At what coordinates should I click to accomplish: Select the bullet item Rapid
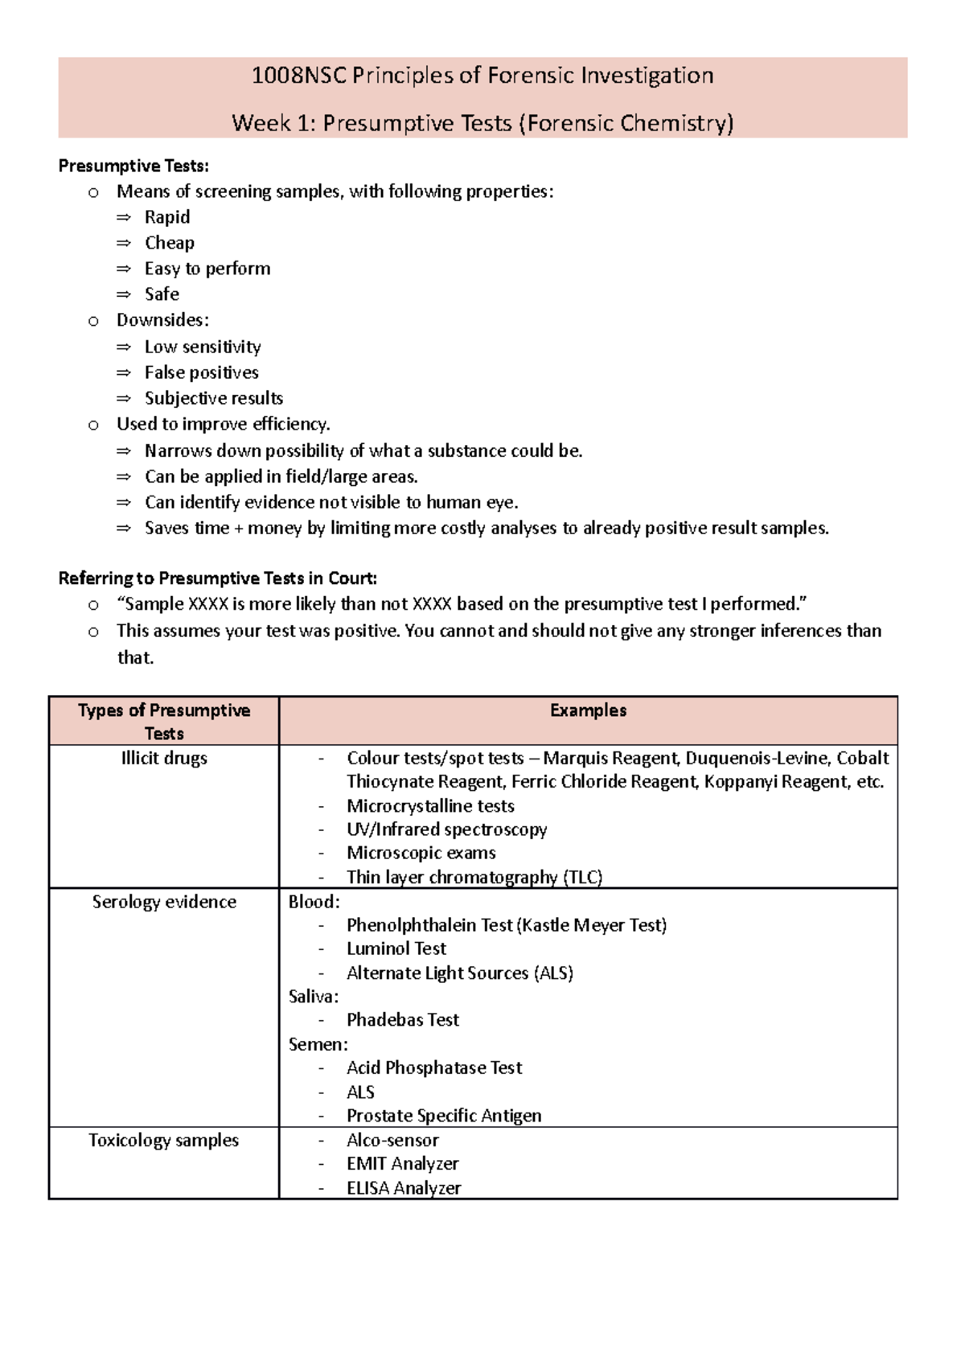pyautogui.click(x=167, y=217)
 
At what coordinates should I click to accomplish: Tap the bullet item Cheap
pyautogui.click(x=169, y=243)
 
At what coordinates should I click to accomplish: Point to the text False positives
pyautogui.click(x=201, y=372)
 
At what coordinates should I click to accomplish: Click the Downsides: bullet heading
pyautogui.click(x=162, y=320)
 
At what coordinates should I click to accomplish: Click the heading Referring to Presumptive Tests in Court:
pyautogui.click(x=217, y=578)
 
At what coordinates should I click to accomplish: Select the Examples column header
pyautogui.click(x=588, y=710)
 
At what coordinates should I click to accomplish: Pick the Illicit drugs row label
pyautogui.click(x=164, y=758)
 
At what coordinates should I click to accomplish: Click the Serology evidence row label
pyautogui.click(x=164, y=902)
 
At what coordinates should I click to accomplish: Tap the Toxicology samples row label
pyautogui.click(x=163, y=1140)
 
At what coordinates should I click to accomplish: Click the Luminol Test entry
pyautogui.click(x=396, y=948)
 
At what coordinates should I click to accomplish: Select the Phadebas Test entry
pyautogui.click(x=402, y=1020)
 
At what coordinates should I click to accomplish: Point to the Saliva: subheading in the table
pyautogui.click(x=313, y=997)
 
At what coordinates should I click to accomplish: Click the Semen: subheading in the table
pyautogui.click(x=318, y=1044)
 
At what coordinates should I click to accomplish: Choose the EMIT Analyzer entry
pyautogui.click(x=402, y=1163)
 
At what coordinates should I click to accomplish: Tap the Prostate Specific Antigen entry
pyautogui.click(x=444, y=1116)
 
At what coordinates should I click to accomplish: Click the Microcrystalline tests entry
pyautogui.click(x=430, y=806)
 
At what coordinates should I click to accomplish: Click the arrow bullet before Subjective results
pyautogui.click(x=123, y=398)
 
